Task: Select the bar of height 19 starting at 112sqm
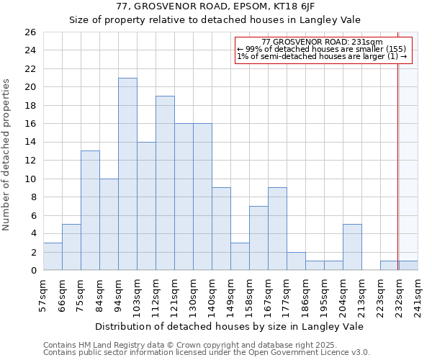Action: (165, 183)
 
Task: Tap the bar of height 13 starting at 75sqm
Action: (90, 210)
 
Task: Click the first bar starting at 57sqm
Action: (53, 256)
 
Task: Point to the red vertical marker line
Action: (397, 158)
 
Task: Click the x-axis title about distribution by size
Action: (229, 326)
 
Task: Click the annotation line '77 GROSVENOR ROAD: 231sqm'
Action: (322, 42)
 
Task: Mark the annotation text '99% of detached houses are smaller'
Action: (317, 49)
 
